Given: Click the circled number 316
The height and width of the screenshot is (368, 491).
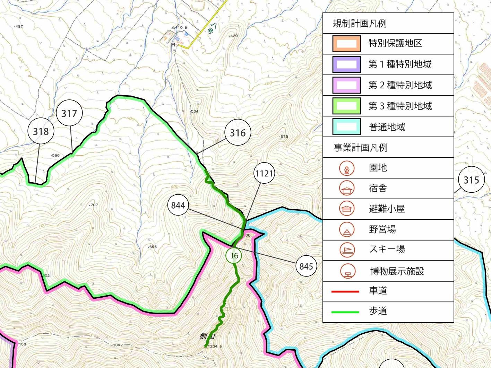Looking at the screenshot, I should (x=238, y=133).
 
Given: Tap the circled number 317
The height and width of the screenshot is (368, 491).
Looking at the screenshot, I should (x=69, y=113).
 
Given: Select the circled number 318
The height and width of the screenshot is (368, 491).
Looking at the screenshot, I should (x=41, y=131).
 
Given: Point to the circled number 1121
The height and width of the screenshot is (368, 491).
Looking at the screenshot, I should (x=264, y=173).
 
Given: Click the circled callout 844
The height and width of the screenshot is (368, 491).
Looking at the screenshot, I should (x=178, y=205).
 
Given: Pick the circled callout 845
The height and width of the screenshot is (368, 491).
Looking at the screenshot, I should (x=306, y=266).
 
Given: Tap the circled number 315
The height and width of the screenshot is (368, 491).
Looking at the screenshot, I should (x=471, y=180).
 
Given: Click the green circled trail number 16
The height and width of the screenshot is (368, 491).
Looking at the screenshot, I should (x=234, y=256).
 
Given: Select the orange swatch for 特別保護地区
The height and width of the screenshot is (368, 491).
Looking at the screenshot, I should (x=346, y=44).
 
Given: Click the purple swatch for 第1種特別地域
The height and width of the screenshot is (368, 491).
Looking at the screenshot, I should (x=346, y=64).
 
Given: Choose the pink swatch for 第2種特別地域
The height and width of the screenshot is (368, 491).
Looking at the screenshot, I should (x=346, y=85).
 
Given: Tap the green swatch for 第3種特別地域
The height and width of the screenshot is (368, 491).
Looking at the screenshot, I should (x=346, y=106).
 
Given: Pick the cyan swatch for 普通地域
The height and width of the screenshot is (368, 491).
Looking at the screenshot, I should (x=346, y=127).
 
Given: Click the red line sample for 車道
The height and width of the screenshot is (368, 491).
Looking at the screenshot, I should (x=345, y=291).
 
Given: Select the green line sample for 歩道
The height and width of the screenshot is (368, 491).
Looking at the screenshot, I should (x=345, y=312).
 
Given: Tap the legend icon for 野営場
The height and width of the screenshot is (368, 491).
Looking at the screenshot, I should (x=347, y=229).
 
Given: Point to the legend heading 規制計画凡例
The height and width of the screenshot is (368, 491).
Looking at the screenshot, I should (x=360, y=24).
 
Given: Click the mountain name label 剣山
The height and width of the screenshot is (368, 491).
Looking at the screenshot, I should (x=207, y=336).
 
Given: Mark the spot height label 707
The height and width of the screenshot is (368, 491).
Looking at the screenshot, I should (x=94, y=205).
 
